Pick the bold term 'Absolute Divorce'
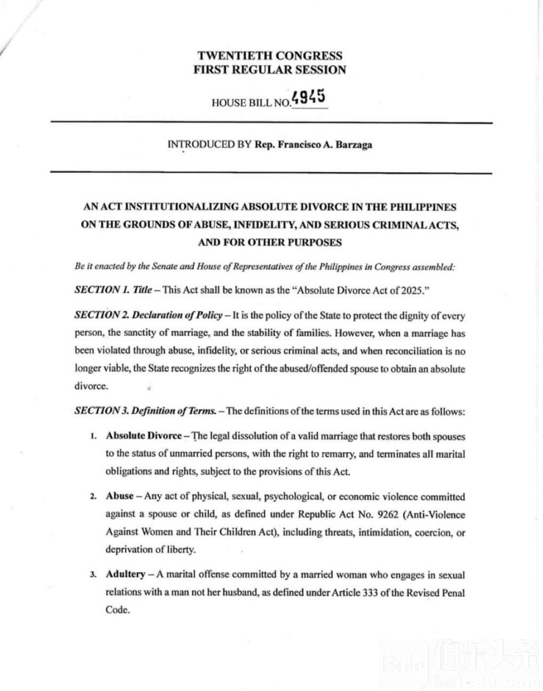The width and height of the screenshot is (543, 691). coord(144,436)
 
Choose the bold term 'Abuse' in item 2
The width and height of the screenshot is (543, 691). coord(119,496)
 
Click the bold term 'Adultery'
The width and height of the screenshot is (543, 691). coord(125,574)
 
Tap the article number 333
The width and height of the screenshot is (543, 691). coord(370,592)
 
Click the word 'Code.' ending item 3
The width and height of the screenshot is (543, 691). coord(118,610)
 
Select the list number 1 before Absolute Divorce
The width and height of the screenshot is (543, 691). coord(93,437)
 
